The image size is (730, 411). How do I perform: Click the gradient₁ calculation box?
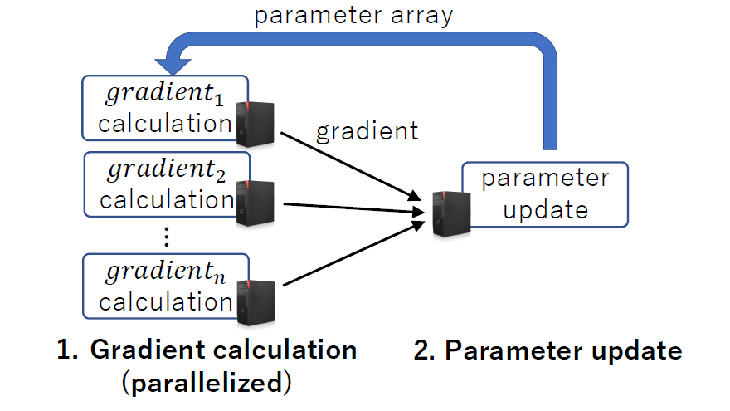tap(158, 109)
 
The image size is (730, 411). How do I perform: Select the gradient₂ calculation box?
tap(158, 185)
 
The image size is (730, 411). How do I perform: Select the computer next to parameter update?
tap(450, 213)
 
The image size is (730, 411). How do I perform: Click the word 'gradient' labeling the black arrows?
tap(366, 130)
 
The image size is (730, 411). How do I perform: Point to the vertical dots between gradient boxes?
tap(166, 237)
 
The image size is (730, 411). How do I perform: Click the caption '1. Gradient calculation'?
tap(207, 350)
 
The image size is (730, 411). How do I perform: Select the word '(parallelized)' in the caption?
tap(207, 384)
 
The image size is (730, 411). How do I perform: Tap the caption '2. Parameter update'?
tap(547, 350)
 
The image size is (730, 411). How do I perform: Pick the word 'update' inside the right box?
tap(545, 209)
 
